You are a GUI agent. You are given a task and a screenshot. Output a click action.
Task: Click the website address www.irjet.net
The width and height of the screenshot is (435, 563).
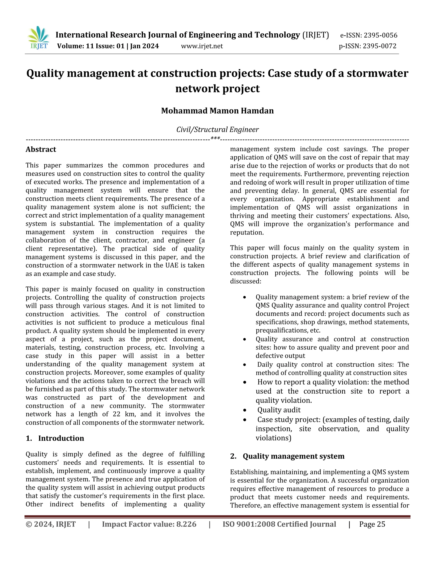click(x=202, y=46)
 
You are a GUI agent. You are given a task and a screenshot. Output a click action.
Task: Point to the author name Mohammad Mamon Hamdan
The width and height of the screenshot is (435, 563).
click(x=217, y=111)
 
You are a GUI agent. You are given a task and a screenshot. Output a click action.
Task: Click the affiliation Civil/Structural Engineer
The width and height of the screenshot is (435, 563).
click(x=217, y=129)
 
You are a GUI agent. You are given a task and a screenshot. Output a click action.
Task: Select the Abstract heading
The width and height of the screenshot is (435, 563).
click(x=41, y=149)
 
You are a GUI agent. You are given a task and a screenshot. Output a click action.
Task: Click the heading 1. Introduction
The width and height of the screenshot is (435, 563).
click(x=55, y=438)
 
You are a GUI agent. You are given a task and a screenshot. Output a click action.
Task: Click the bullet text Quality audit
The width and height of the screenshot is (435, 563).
click(x=279, y=410)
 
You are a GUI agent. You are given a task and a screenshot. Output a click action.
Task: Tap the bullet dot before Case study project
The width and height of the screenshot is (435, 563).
click(x=244, y=420)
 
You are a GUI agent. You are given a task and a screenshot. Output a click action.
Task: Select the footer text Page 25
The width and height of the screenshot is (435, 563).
click(x=372, y=524)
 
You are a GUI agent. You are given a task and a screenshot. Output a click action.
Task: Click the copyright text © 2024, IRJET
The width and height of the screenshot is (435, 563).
click(x=51, y=524)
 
